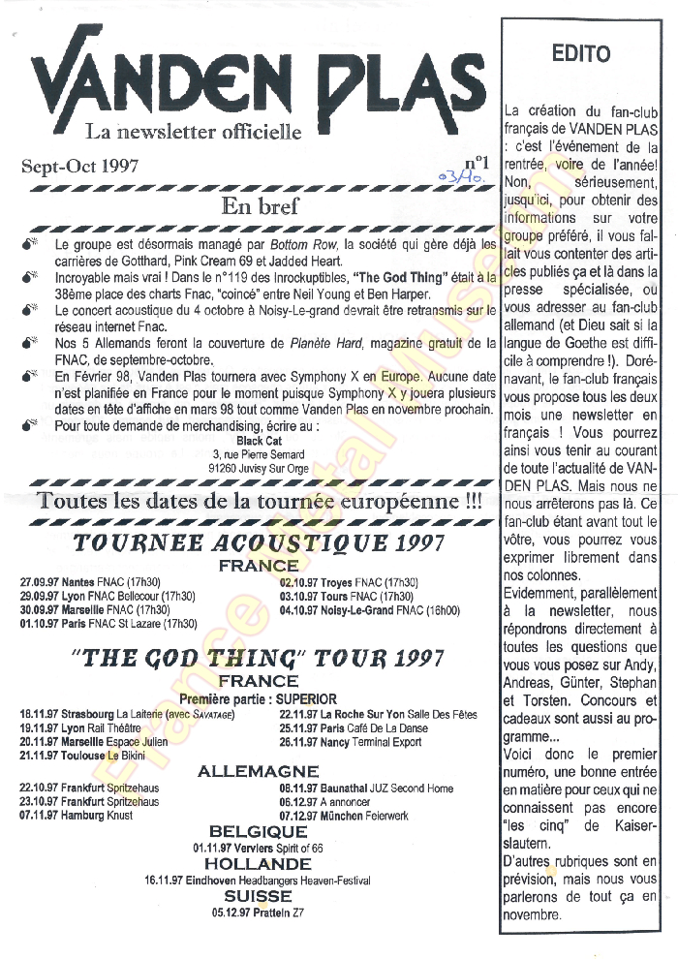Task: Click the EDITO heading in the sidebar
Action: [581, 53]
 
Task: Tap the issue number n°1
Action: [477, 163]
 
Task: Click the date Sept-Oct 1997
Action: [81, 165]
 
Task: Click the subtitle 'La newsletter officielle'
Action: [194, 131]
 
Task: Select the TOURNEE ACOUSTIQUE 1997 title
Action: [259, 542]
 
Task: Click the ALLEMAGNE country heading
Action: [258, 772]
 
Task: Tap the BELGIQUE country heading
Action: [259, 832]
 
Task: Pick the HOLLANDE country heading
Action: [258, 863]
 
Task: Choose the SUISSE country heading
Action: [258, 897]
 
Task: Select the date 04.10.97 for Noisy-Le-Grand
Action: [300, 610]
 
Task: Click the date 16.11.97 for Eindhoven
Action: [164, 881]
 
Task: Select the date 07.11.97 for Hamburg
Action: [40, 817]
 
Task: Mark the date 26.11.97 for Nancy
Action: [300, 742]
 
